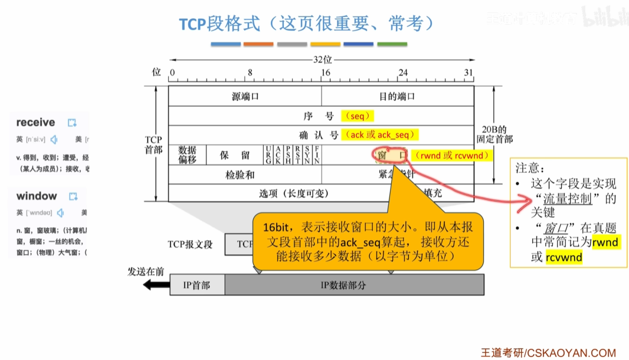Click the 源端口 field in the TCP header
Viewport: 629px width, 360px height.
(245, 96)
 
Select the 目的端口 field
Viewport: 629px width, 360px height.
(397, 96)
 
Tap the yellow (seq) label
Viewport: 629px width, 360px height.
(357, 116)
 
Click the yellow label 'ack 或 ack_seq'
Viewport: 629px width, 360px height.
(381, 135)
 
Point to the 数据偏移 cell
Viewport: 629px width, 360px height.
(187, 155)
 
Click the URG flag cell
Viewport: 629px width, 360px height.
(269, 155)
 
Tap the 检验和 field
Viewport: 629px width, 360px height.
(240, 175)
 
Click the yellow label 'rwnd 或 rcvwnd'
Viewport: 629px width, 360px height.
(452, 155)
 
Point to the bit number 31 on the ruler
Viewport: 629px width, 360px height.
(469, 73)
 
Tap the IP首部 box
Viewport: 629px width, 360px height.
(196, 284)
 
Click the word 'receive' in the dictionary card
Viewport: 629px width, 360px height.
(35, 123)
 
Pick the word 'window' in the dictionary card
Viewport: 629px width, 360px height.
(37, 196)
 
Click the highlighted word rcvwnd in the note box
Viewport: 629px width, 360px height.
(564, 257)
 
